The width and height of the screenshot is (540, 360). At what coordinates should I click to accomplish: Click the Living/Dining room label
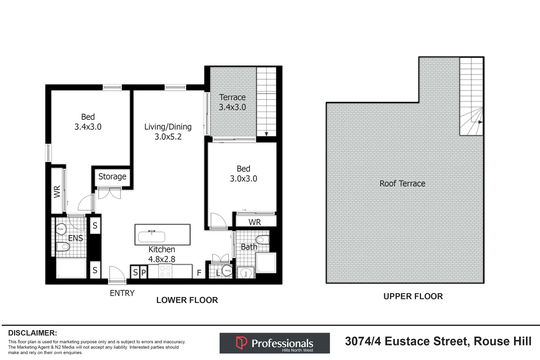point(168,127)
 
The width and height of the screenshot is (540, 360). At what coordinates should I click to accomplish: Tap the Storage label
point(112,176)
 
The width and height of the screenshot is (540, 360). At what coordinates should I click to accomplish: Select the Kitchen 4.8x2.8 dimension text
point(162,259)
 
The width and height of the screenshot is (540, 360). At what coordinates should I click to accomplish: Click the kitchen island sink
point(152,236)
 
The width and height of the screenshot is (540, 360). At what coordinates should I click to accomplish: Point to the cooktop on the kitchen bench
point(165,271)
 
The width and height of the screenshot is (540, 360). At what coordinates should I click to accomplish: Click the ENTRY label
point(122,293)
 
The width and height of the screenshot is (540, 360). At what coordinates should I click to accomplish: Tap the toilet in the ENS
point(63,247)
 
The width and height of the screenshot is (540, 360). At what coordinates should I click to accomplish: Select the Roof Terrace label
point(402,184)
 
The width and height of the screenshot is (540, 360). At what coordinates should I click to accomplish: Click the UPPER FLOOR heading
point(413,296)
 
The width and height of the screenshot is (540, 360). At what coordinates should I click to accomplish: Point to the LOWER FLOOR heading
point(187,300)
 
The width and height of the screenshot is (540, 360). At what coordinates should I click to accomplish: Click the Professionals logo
point(275,343)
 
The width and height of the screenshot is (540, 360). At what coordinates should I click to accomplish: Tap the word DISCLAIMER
point(32,333)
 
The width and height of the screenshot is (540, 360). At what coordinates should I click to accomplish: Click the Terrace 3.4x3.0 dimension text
point(232,107)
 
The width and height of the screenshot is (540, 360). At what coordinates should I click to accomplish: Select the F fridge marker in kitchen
point(199,273)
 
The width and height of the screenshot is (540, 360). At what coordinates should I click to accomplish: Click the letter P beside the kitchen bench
point(143,272)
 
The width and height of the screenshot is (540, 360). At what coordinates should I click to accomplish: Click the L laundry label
point(218,273)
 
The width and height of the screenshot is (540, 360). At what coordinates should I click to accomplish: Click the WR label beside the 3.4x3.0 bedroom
point(57,192)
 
